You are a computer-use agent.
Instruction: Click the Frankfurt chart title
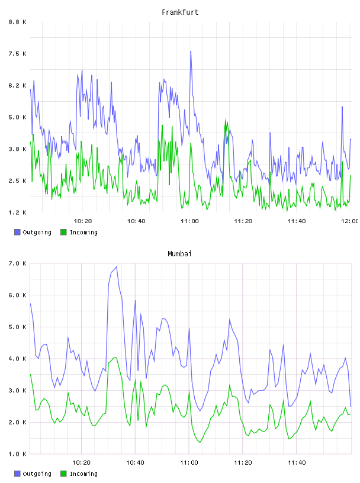pos(180,12)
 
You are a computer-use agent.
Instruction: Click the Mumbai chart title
pos(179,253)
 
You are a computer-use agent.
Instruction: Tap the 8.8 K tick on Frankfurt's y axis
pos(18,22)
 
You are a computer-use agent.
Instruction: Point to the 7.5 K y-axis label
pos(18,54)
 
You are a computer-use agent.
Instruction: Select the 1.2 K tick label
pos(18,212)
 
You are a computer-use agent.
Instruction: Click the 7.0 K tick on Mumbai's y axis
pos(18,263)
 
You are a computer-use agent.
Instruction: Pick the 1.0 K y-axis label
pos(18,454)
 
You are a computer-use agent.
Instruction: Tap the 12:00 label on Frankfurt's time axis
pos(349,221)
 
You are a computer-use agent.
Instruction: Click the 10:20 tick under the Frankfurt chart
pos(83,221)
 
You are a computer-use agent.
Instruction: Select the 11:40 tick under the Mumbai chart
pos(297,462)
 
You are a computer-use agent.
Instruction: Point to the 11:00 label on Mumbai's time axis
pos(189,462)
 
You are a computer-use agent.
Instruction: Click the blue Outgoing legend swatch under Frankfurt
pos(17,232)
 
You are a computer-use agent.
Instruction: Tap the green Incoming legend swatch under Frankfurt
pos(63,232)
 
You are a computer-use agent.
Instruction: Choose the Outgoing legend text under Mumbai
pos(37,474)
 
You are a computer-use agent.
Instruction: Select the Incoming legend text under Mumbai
pos(83,474)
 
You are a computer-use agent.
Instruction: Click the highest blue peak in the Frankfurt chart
pos(191,51)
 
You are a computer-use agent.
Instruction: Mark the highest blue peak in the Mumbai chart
pos(116,267)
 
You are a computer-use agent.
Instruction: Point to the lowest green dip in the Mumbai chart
pos(200,442)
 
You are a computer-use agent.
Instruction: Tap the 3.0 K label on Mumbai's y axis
pos(18,390)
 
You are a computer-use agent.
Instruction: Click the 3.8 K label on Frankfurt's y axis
pos(18,149)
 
